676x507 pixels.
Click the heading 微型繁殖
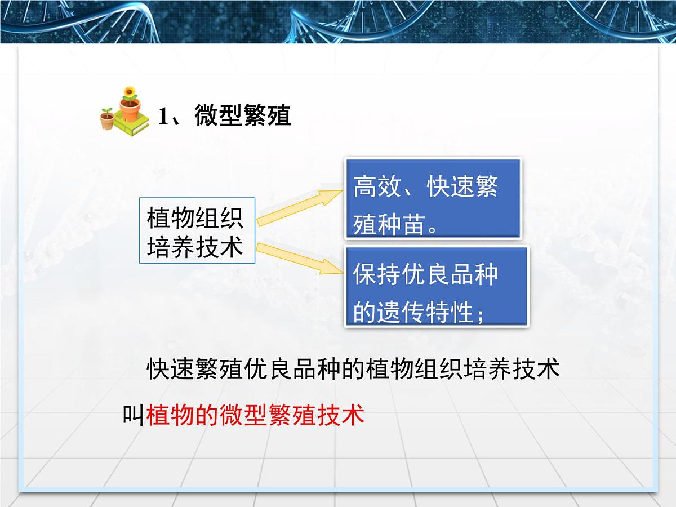[243, 116]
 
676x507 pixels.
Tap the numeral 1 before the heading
[163, 117]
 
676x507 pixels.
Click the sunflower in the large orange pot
[130, 91]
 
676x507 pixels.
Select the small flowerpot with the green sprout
[106, 118]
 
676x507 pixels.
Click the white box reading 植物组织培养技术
[197, 230]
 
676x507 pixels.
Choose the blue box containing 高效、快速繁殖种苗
[433, 198]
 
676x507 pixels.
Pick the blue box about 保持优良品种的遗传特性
[436, 286]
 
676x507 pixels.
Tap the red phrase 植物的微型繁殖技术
[255, 415]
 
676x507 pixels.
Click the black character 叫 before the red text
[134, 415]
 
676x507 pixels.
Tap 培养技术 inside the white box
[195, 246]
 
